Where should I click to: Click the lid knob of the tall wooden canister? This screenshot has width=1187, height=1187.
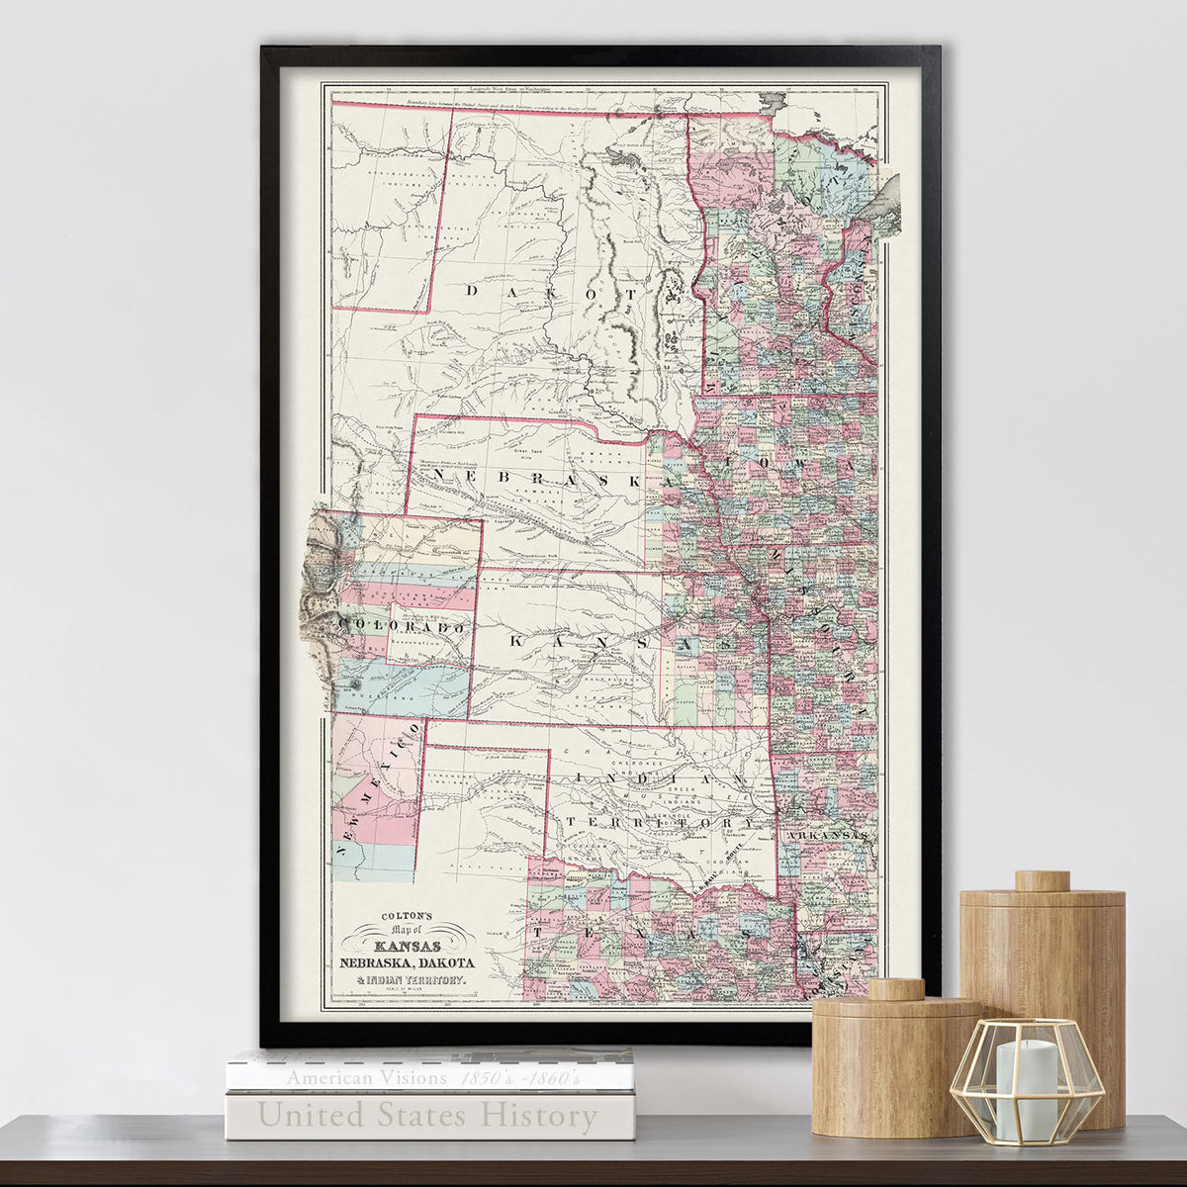[1042, 880]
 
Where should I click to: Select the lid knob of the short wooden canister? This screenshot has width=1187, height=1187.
[896, 988]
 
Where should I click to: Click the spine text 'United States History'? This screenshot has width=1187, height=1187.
[427, 1117]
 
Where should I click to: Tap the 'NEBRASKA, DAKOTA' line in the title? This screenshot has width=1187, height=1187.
[407, 963]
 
